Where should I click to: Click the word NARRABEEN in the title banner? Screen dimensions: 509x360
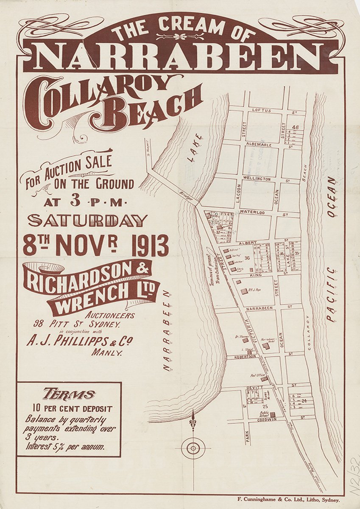(180, 56)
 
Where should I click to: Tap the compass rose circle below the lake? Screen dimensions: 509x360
(193, 447)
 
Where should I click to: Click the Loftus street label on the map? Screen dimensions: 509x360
(261, 110)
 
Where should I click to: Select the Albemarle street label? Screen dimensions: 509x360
(259, 145)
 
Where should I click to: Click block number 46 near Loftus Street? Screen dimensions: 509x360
(296, 127)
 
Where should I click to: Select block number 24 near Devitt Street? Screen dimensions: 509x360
(304, 400)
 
